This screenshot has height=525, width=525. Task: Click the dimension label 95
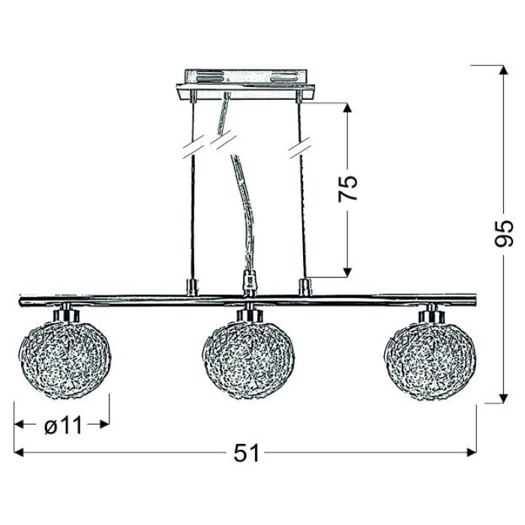click(x=504, y=233)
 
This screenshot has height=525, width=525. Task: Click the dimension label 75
click(x=348, y=188)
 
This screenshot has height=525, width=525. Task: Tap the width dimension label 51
click(x=247, y=453)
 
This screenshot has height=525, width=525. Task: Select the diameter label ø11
click(x=64, y=425)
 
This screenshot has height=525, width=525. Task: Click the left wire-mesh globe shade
click(x=66, y=360)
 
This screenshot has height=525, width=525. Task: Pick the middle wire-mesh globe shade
click(x=249, y=360)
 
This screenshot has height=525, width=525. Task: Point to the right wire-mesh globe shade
click(x=432, y=360)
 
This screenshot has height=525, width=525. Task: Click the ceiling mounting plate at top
click(x=245, y=84)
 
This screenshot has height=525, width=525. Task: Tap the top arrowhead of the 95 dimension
click(x=504, y=70)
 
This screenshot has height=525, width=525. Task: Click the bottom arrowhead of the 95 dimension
click(x=504, y=398)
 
